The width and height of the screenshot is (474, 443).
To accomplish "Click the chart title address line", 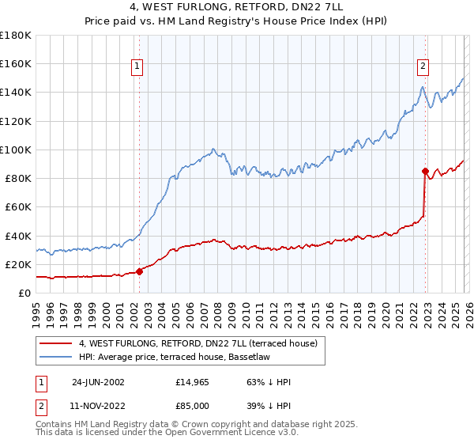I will click(x=236, y=7).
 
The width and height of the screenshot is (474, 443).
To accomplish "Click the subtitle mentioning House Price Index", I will click(x=236, y=21).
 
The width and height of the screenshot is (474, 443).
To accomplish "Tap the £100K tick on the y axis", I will click(x=16, y=150).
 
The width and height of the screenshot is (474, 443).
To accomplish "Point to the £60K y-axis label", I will click(x=18, y=206).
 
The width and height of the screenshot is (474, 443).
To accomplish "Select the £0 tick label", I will click(x=25, y=293).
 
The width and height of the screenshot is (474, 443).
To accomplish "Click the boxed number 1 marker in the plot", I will click(x=137, y=67).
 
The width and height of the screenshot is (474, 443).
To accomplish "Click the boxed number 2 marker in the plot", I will click(x=423, y=67).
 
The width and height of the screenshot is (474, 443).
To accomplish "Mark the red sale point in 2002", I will click(x=140, y=271).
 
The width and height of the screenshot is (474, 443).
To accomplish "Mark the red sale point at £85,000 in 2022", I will click(x=425, y=171).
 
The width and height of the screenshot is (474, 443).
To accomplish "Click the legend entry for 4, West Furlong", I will click(x=197, y=343).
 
